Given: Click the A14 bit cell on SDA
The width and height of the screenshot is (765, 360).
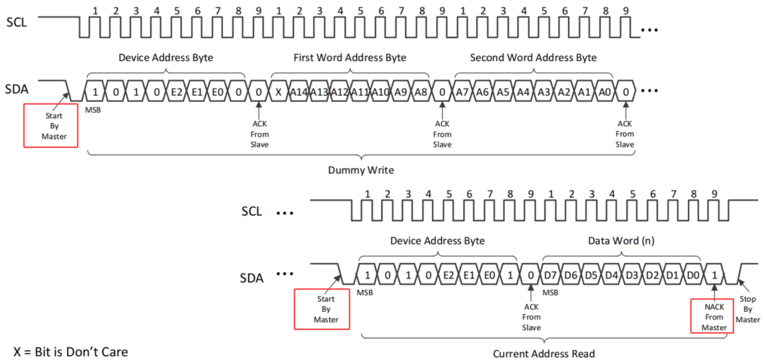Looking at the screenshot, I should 299,91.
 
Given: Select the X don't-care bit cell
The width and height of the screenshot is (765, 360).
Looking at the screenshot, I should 279,91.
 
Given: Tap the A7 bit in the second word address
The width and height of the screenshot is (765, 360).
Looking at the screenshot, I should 463,91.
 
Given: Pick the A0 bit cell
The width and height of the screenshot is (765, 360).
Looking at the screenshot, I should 605,91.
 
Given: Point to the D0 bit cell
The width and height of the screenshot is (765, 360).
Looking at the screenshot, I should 694,274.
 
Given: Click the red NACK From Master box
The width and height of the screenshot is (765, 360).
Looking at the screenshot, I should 714,315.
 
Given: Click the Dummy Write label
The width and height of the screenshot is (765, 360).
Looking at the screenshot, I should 362,170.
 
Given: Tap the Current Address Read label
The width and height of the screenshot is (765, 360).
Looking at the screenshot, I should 544,353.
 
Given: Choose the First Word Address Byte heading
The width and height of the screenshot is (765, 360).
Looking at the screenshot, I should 349,57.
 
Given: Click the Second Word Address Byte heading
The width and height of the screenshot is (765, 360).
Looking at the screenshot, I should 533,57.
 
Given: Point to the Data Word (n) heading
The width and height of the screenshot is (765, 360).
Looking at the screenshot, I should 621,241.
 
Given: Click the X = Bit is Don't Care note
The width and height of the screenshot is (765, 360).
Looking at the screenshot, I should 71,351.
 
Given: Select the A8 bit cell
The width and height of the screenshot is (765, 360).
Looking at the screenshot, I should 421,91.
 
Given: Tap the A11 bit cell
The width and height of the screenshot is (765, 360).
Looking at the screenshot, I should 360,91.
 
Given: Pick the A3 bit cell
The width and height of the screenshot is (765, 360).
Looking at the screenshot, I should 544,91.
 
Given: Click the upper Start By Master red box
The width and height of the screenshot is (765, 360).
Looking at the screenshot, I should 51,125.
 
